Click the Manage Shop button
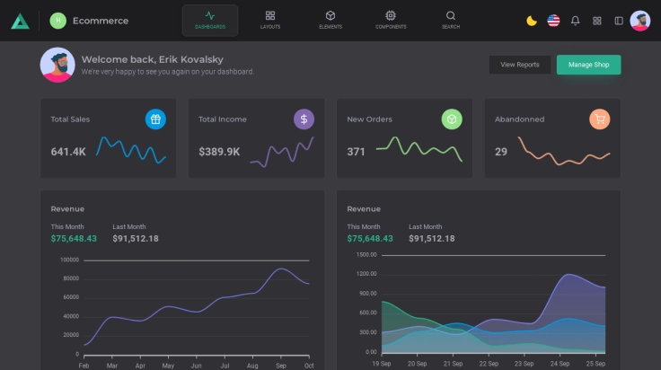[588, 65]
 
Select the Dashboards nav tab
[210, 20]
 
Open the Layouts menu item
[270, 20]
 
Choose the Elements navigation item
[330, 20]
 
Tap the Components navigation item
[391, 20]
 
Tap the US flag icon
[553, 21]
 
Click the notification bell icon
[576, 21]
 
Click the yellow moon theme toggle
[532, 21]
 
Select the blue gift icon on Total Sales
[155, 119]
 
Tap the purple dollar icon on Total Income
[304, 119]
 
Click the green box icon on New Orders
[452, 119]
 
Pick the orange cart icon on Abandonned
[600, 119]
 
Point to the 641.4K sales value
[68, 152]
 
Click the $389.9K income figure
[219, 152]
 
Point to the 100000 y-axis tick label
[69, 260]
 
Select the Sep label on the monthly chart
[280, 365]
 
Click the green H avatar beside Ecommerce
[57, 21]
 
